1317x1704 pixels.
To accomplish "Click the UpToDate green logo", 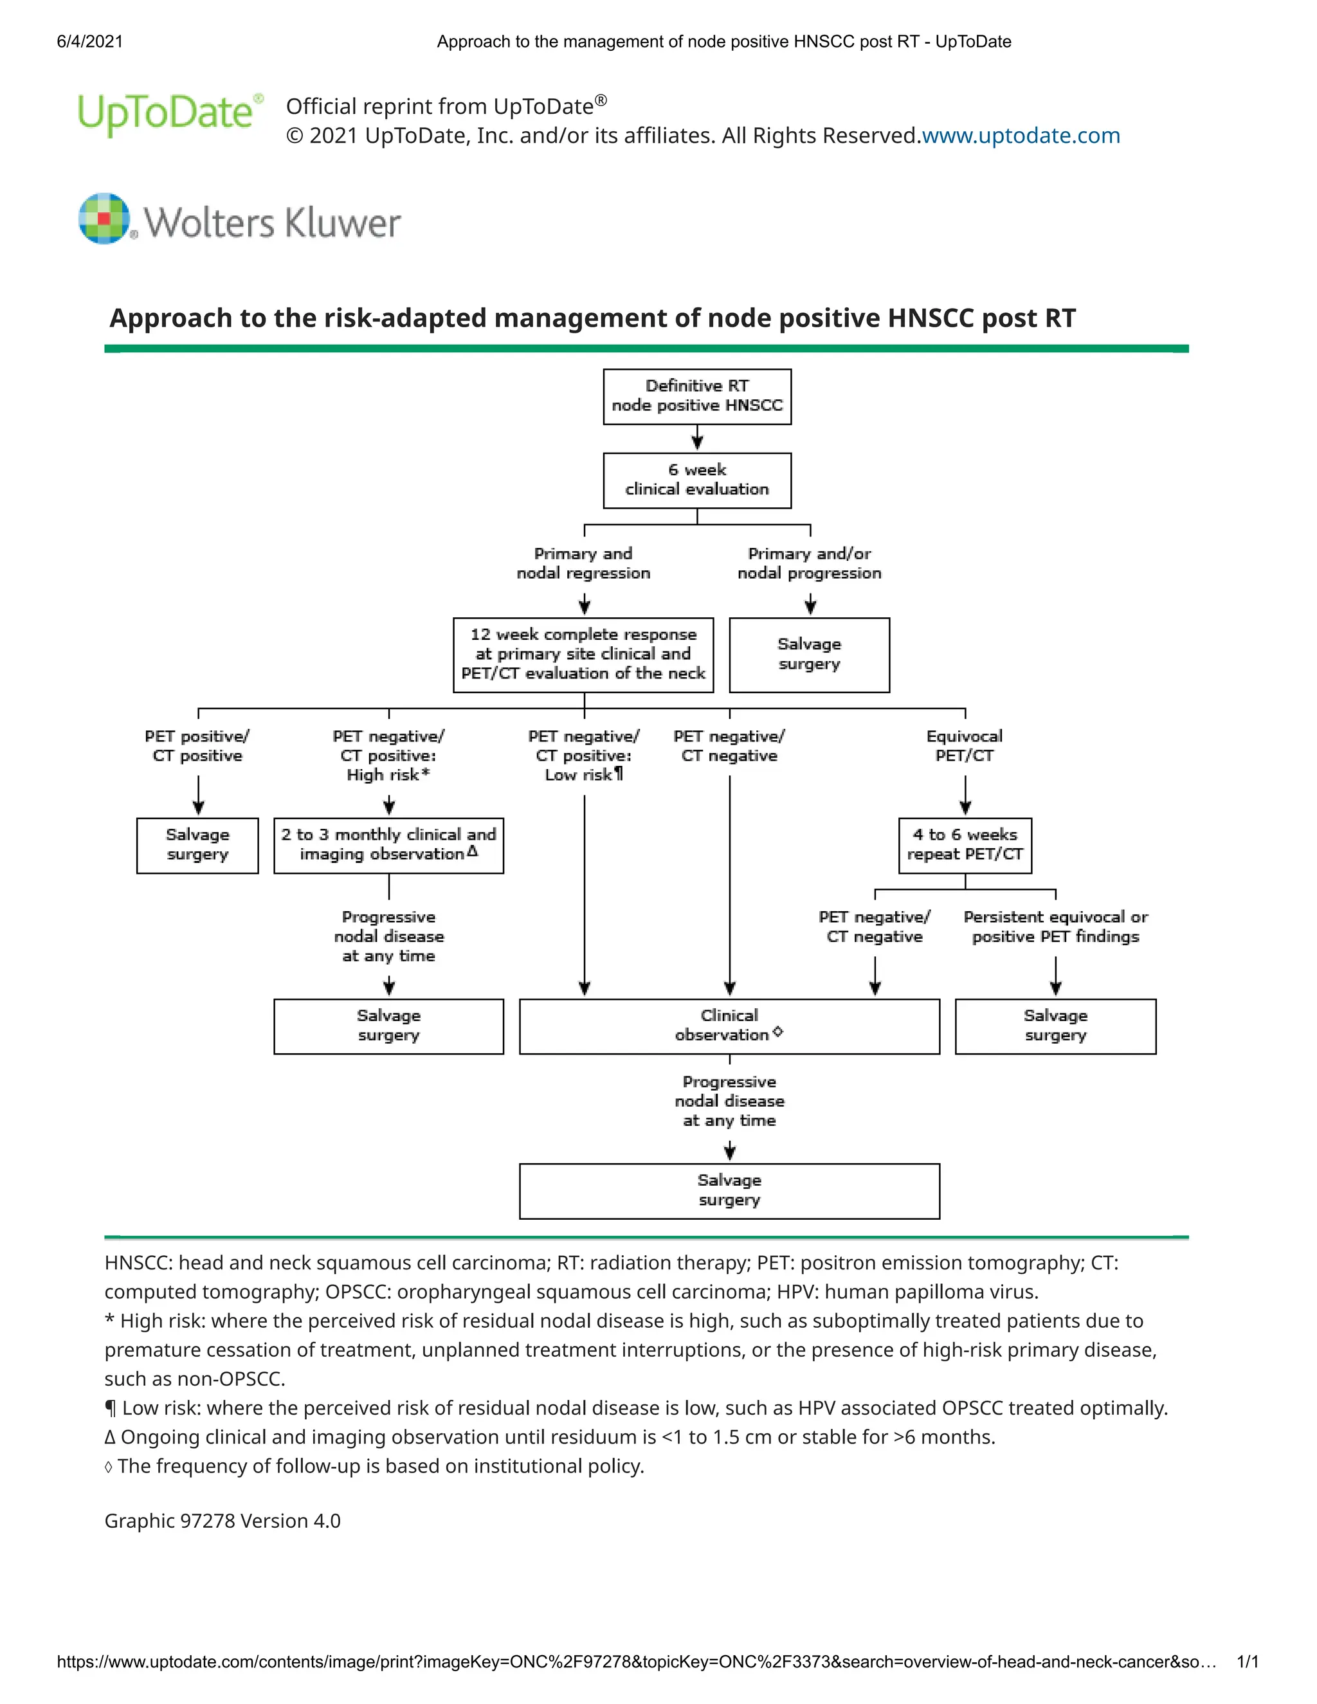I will [165, 114].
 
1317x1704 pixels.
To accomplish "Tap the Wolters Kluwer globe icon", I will [104, 219].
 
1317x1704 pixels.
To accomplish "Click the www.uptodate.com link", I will [1021, 136].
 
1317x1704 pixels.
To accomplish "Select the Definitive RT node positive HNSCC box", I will [696, 396].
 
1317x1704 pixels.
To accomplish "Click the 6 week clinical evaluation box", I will [696, 480].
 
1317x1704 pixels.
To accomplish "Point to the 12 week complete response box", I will [583, 655].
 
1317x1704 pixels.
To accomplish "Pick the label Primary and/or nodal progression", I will [809, 563].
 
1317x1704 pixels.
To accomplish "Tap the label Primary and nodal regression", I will [583, 563].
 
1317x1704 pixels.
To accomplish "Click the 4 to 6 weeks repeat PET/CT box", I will [965, 845].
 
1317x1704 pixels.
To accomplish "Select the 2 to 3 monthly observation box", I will [388, 845].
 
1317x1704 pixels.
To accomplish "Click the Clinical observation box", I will [729, 1026].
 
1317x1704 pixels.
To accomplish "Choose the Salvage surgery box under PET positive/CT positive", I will [197, 845].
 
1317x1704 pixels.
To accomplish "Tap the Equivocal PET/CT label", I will [965, 746].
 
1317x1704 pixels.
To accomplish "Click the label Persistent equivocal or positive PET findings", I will [1055, 927].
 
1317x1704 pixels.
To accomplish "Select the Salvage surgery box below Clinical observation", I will [729, 1191].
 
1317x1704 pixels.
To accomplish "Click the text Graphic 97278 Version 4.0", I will [223, 1521].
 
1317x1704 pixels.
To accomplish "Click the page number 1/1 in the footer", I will [1248, 1662].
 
